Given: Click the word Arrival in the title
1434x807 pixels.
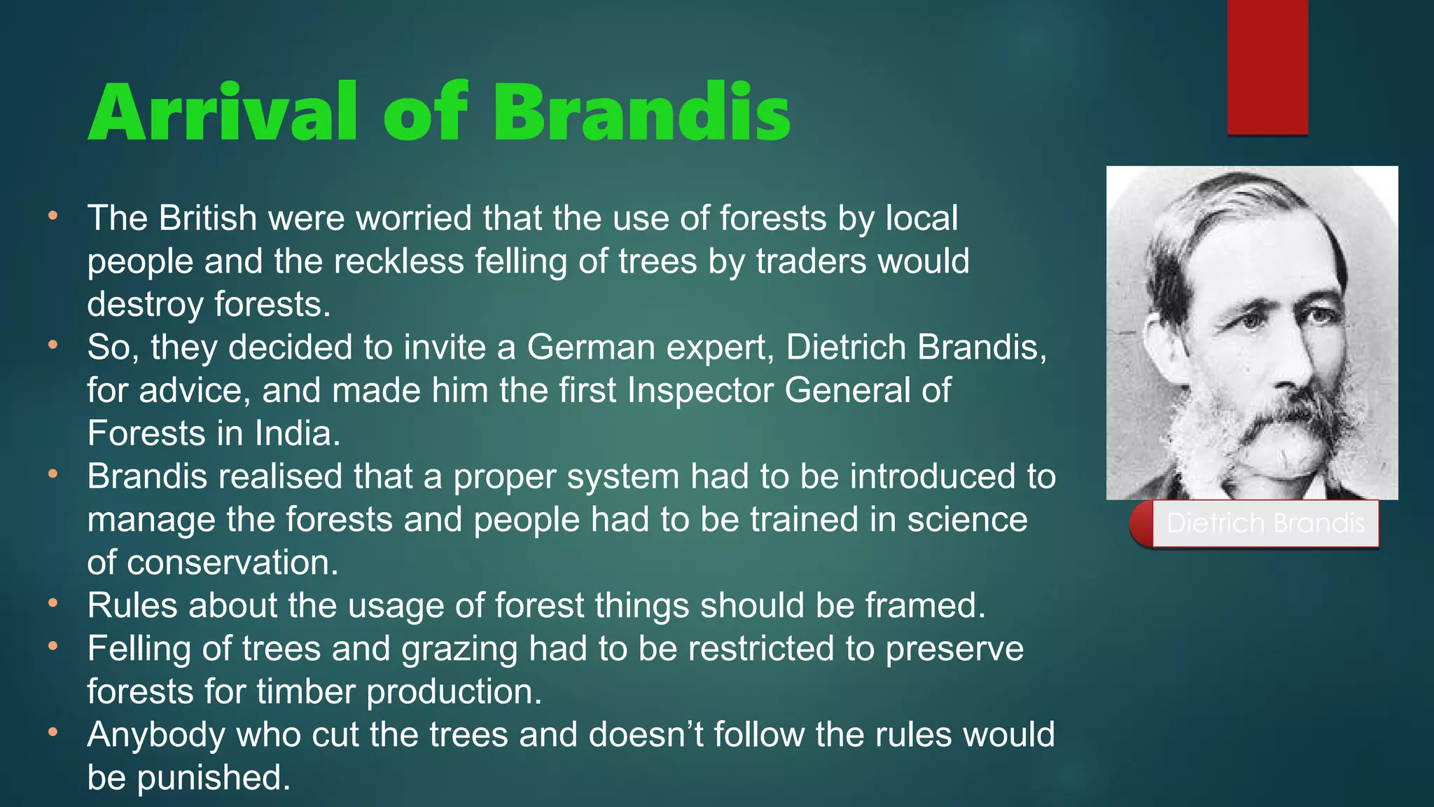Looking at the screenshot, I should [223, 112].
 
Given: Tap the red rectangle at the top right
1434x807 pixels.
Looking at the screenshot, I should [1267, 67].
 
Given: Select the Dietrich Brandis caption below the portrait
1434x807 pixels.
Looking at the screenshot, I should [1265, 523].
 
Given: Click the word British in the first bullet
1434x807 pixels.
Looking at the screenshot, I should [208, 218].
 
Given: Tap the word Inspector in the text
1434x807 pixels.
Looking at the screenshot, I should [700, 390].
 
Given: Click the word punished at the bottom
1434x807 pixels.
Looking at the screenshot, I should [214, 778].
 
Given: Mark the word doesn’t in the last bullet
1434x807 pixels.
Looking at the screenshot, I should [644, 735].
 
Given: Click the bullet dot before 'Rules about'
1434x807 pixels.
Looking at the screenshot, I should [53, 602].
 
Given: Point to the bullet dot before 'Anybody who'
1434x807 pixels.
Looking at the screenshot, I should [53, 732].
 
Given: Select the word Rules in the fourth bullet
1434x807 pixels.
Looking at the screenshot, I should [132, 606].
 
